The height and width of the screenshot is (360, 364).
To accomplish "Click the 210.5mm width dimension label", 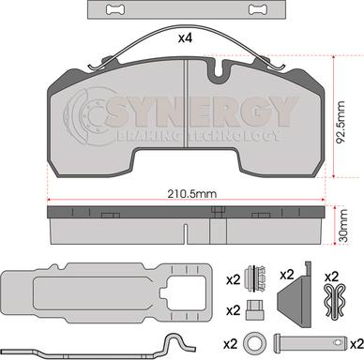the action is click(191, 194).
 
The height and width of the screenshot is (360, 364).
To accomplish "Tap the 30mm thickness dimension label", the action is click(343, 226).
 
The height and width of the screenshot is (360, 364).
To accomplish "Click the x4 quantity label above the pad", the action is click(185, 38).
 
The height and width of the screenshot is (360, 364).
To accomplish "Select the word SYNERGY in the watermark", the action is click(200, 112).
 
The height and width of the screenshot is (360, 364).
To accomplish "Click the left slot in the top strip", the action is click(115, 9).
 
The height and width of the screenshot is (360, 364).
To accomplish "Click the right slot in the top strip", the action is click(258, 9).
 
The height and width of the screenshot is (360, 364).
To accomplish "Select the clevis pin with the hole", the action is click(311, 342).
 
